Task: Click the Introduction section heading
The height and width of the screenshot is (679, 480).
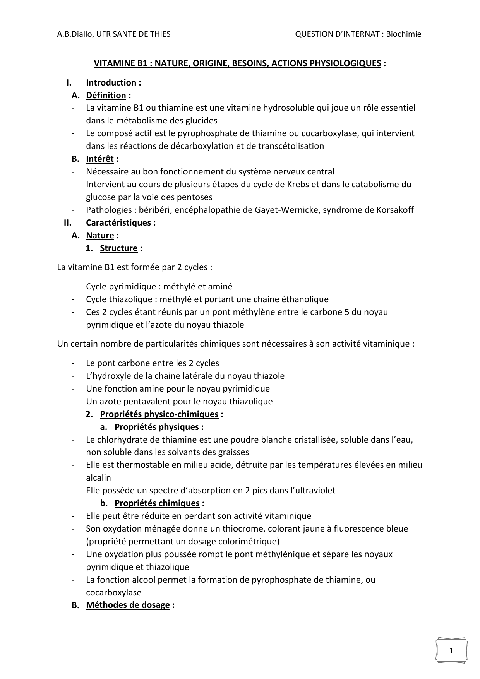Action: (x=111, y=82)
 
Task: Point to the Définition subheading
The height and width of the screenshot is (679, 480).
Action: (x=106, y=95)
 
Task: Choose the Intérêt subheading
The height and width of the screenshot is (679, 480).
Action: (x=100, y=159)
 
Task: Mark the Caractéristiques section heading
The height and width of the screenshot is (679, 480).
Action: (x=118, y=222)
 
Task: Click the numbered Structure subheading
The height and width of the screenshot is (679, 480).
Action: (x=118, y=248)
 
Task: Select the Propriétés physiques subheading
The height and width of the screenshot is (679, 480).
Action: (x=156, y=427)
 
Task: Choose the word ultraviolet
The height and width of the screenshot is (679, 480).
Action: (x=313, y=490)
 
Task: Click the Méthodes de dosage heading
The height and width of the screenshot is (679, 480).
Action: (x=128, y=605)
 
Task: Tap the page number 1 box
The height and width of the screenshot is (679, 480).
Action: (x=451, y=650)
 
